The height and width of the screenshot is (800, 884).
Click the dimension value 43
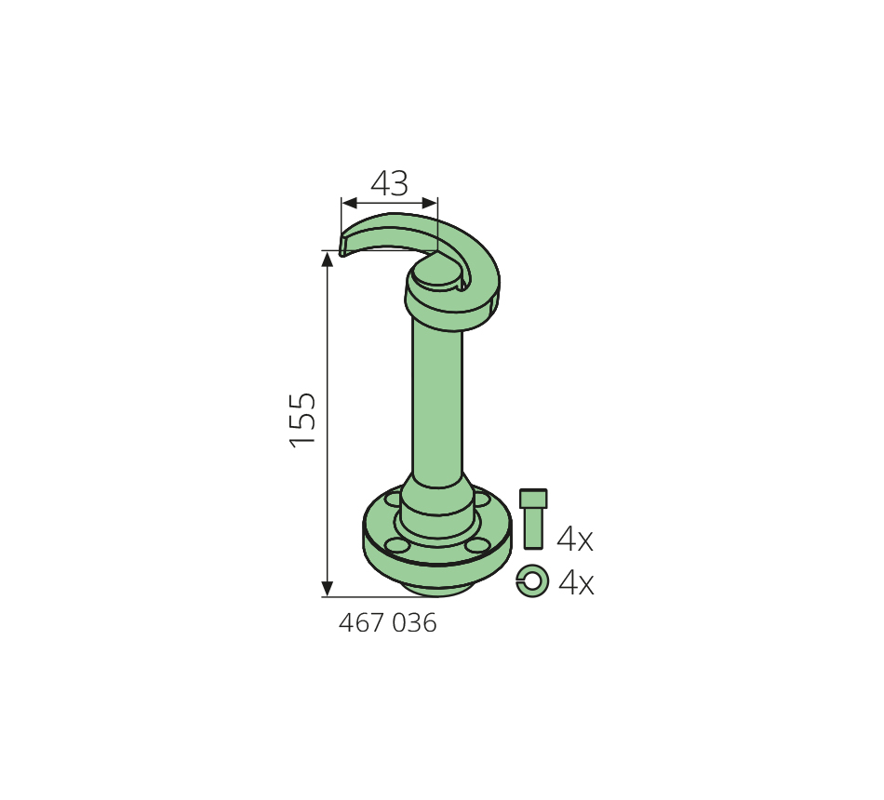click(x=389, y=183)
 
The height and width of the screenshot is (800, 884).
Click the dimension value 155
click(x=302, y=420)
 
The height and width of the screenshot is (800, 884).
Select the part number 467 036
click(x=387, y=623)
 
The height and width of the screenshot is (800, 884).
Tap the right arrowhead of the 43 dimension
click(x=430, y=203)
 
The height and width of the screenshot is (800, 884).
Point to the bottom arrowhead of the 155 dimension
click(x=327, y=588)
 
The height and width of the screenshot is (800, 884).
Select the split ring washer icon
click(x=532, y=580)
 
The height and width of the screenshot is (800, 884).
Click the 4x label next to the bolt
click(x=575, y=539)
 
